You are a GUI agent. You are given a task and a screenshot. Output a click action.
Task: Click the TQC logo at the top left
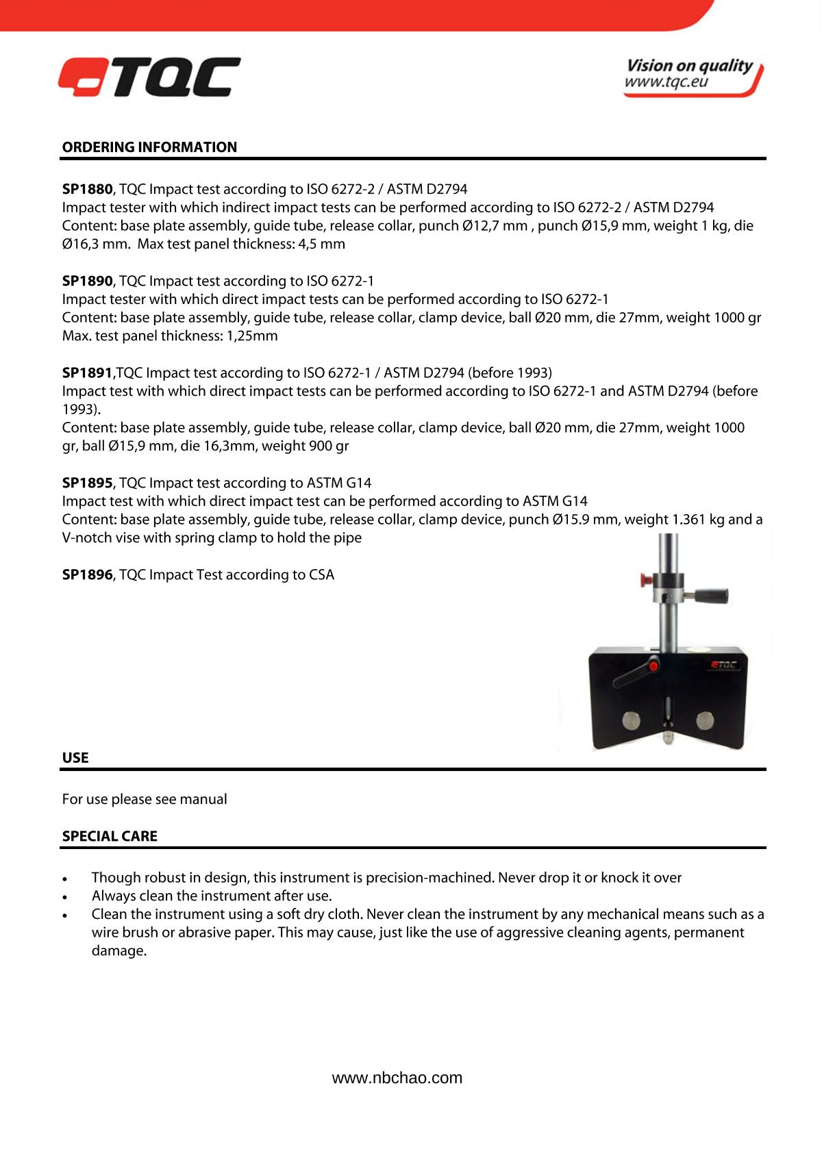tap(149, 77)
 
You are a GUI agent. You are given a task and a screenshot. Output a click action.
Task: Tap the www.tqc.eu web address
tap(666, 83)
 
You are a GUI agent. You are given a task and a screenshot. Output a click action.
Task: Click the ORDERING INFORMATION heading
tap(149, 147)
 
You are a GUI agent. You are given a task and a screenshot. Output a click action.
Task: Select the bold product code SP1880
tap(87, 189)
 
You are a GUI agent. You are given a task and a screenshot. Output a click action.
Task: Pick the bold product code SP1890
tap(87, 281)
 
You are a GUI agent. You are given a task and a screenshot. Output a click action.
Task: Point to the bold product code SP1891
tap(87, 372)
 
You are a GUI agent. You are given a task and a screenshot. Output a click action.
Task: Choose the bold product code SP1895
tap(87, 483)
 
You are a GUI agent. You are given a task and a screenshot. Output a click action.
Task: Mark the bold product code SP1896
tap(87, 574)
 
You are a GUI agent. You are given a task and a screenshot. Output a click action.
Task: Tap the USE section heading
tap(75, 758)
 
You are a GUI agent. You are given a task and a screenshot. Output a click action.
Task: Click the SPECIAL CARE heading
tap(110, 836)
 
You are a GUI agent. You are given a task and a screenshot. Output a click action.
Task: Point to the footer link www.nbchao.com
tap(397, 1078)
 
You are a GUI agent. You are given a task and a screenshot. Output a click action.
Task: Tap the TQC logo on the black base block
tap(723, 664)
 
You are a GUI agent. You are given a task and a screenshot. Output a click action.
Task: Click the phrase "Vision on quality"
tap(689, 66)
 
